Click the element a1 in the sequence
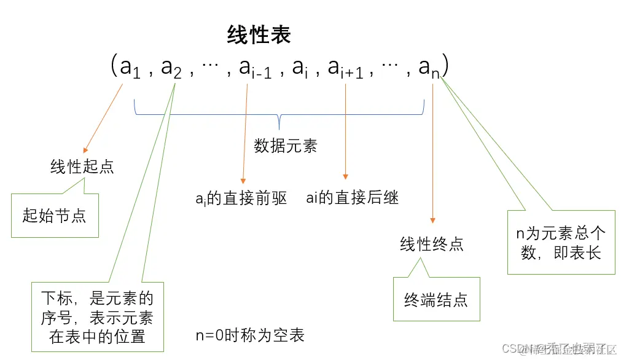(x=130, y=68)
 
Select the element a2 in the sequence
(x=171, y=68)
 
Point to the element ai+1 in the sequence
(x=345, y=68)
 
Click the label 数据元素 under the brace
(x=286, y=146)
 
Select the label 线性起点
(x=82, y=167)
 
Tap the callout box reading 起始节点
(x=55, y=216)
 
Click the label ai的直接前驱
(x=241, y=198)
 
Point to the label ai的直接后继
(x=353, y=198)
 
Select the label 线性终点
(x=432, y=245)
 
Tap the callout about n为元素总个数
(x=561, y=242)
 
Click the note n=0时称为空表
(x=250, y=335)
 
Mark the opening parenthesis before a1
(x=114, y=66)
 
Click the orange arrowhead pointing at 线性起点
(x=85, y=149)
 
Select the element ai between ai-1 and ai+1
(x=300, y=68)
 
